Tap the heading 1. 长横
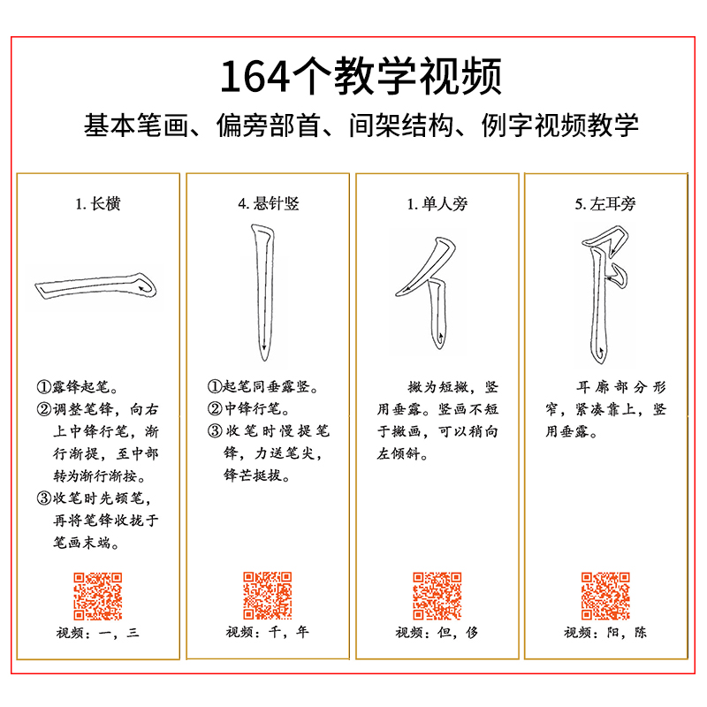[97, 204]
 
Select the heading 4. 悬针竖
[268, 204]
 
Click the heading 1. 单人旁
[437, 204]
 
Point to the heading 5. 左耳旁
[606, 204]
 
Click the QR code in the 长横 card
[97, 596]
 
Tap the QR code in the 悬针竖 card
[267, 596]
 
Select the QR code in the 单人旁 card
[437, 596]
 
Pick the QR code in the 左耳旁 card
[605, 596]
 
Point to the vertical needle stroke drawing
[262, 292]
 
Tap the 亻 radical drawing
[430, 287]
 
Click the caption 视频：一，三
[98, 633]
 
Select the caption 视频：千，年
[268, 633]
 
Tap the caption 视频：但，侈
[437, 633]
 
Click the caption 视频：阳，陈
[605, 633]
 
